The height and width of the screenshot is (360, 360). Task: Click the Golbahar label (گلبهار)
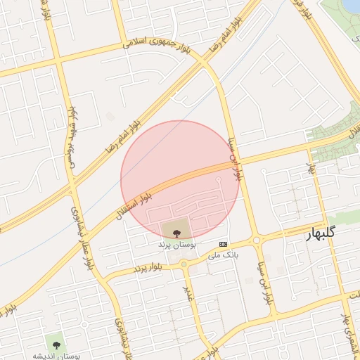325,234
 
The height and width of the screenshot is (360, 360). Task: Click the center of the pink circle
181,181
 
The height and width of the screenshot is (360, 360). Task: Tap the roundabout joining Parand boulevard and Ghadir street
184,264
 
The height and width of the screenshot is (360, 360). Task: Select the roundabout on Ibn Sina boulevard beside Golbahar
257,240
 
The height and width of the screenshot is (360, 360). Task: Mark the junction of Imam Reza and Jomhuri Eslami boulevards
203,61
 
